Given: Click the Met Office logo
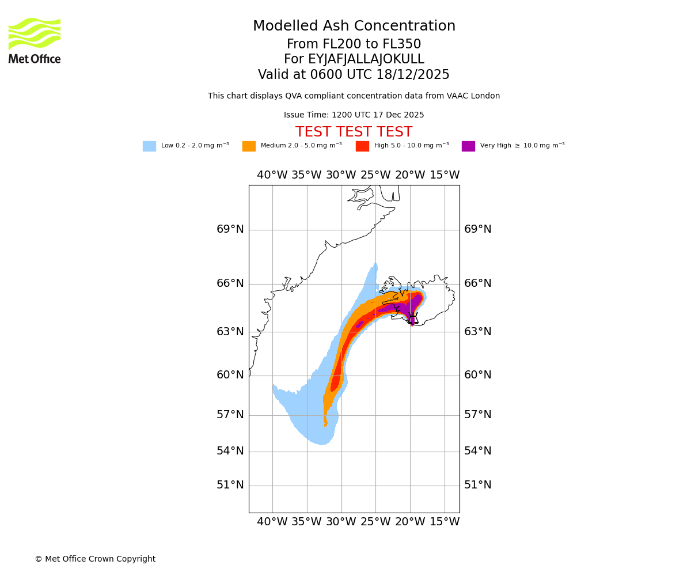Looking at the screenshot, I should click(35, 40).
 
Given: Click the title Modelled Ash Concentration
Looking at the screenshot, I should click(354, 26).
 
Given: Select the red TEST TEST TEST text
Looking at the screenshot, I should click(354, 132).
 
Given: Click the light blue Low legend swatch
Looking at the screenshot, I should click(149, 146).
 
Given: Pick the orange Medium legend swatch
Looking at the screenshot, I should click(249, 146).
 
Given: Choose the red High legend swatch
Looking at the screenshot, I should click(362, 146).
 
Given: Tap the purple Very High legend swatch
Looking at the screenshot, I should click(468, 146).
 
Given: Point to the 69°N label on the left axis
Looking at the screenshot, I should click(230, 229).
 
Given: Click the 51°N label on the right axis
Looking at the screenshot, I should click(477, 485).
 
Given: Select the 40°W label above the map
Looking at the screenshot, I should click(272, 175).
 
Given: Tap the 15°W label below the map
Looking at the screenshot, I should click(445, 522).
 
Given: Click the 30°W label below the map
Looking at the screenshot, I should click(341, 522).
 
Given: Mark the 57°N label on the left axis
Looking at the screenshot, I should click(230, 415).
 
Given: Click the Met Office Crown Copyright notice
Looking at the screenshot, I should click(95, 559).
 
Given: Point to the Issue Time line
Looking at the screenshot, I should click(354, 115).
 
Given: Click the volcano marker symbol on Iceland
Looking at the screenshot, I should click(412, 317).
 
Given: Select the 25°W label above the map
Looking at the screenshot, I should click(375, 175).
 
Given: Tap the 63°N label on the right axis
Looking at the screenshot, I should click(477, 332).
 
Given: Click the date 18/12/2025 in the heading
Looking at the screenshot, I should click(413, 75).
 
